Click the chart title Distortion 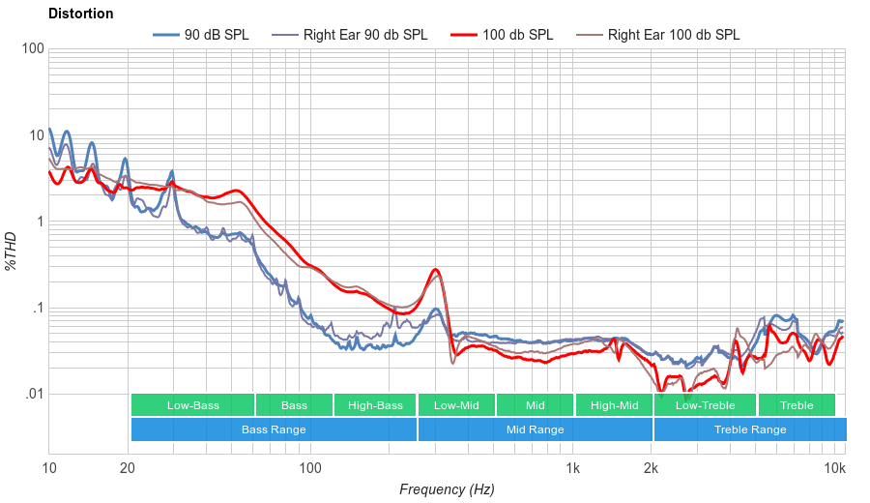[80, 15]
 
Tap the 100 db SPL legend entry [517, 35]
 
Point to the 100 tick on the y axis [32, 49]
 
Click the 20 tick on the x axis [128, 469]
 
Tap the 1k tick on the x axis [572, 469]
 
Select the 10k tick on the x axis [835, 469]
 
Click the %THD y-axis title [12, 251]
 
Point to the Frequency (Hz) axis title [446, 489]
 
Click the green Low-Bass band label [192, 405]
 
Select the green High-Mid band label [614, 405]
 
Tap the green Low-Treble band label [705, 405]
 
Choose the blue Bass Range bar [274, 429]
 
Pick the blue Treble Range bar [749, 429]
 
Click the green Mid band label [535, 405]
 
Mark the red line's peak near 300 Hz [436, 270]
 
